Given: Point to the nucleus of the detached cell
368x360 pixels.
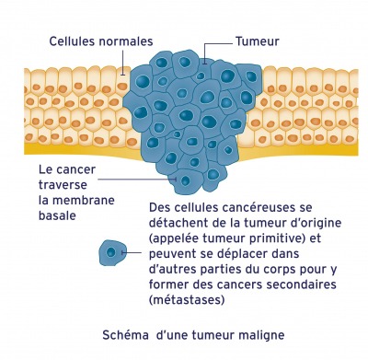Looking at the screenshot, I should point(113,250).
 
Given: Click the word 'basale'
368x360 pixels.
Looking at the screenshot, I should point(58,216).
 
